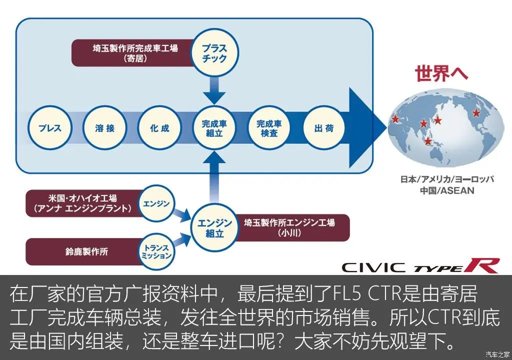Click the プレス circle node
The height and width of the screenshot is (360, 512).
50,128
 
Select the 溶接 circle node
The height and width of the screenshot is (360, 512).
105,128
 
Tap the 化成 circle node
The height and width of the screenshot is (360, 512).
159,128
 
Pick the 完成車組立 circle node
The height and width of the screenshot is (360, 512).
215,128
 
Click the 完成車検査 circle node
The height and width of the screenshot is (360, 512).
269,128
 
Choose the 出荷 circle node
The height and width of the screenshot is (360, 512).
324,128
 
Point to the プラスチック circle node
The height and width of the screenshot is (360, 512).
215,53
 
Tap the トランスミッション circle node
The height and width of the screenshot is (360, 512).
156,251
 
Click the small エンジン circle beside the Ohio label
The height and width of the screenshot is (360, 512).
156,204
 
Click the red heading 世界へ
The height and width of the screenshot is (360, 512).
441,73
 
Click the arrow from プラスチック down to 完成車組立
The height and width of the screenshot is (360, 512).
215,90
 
